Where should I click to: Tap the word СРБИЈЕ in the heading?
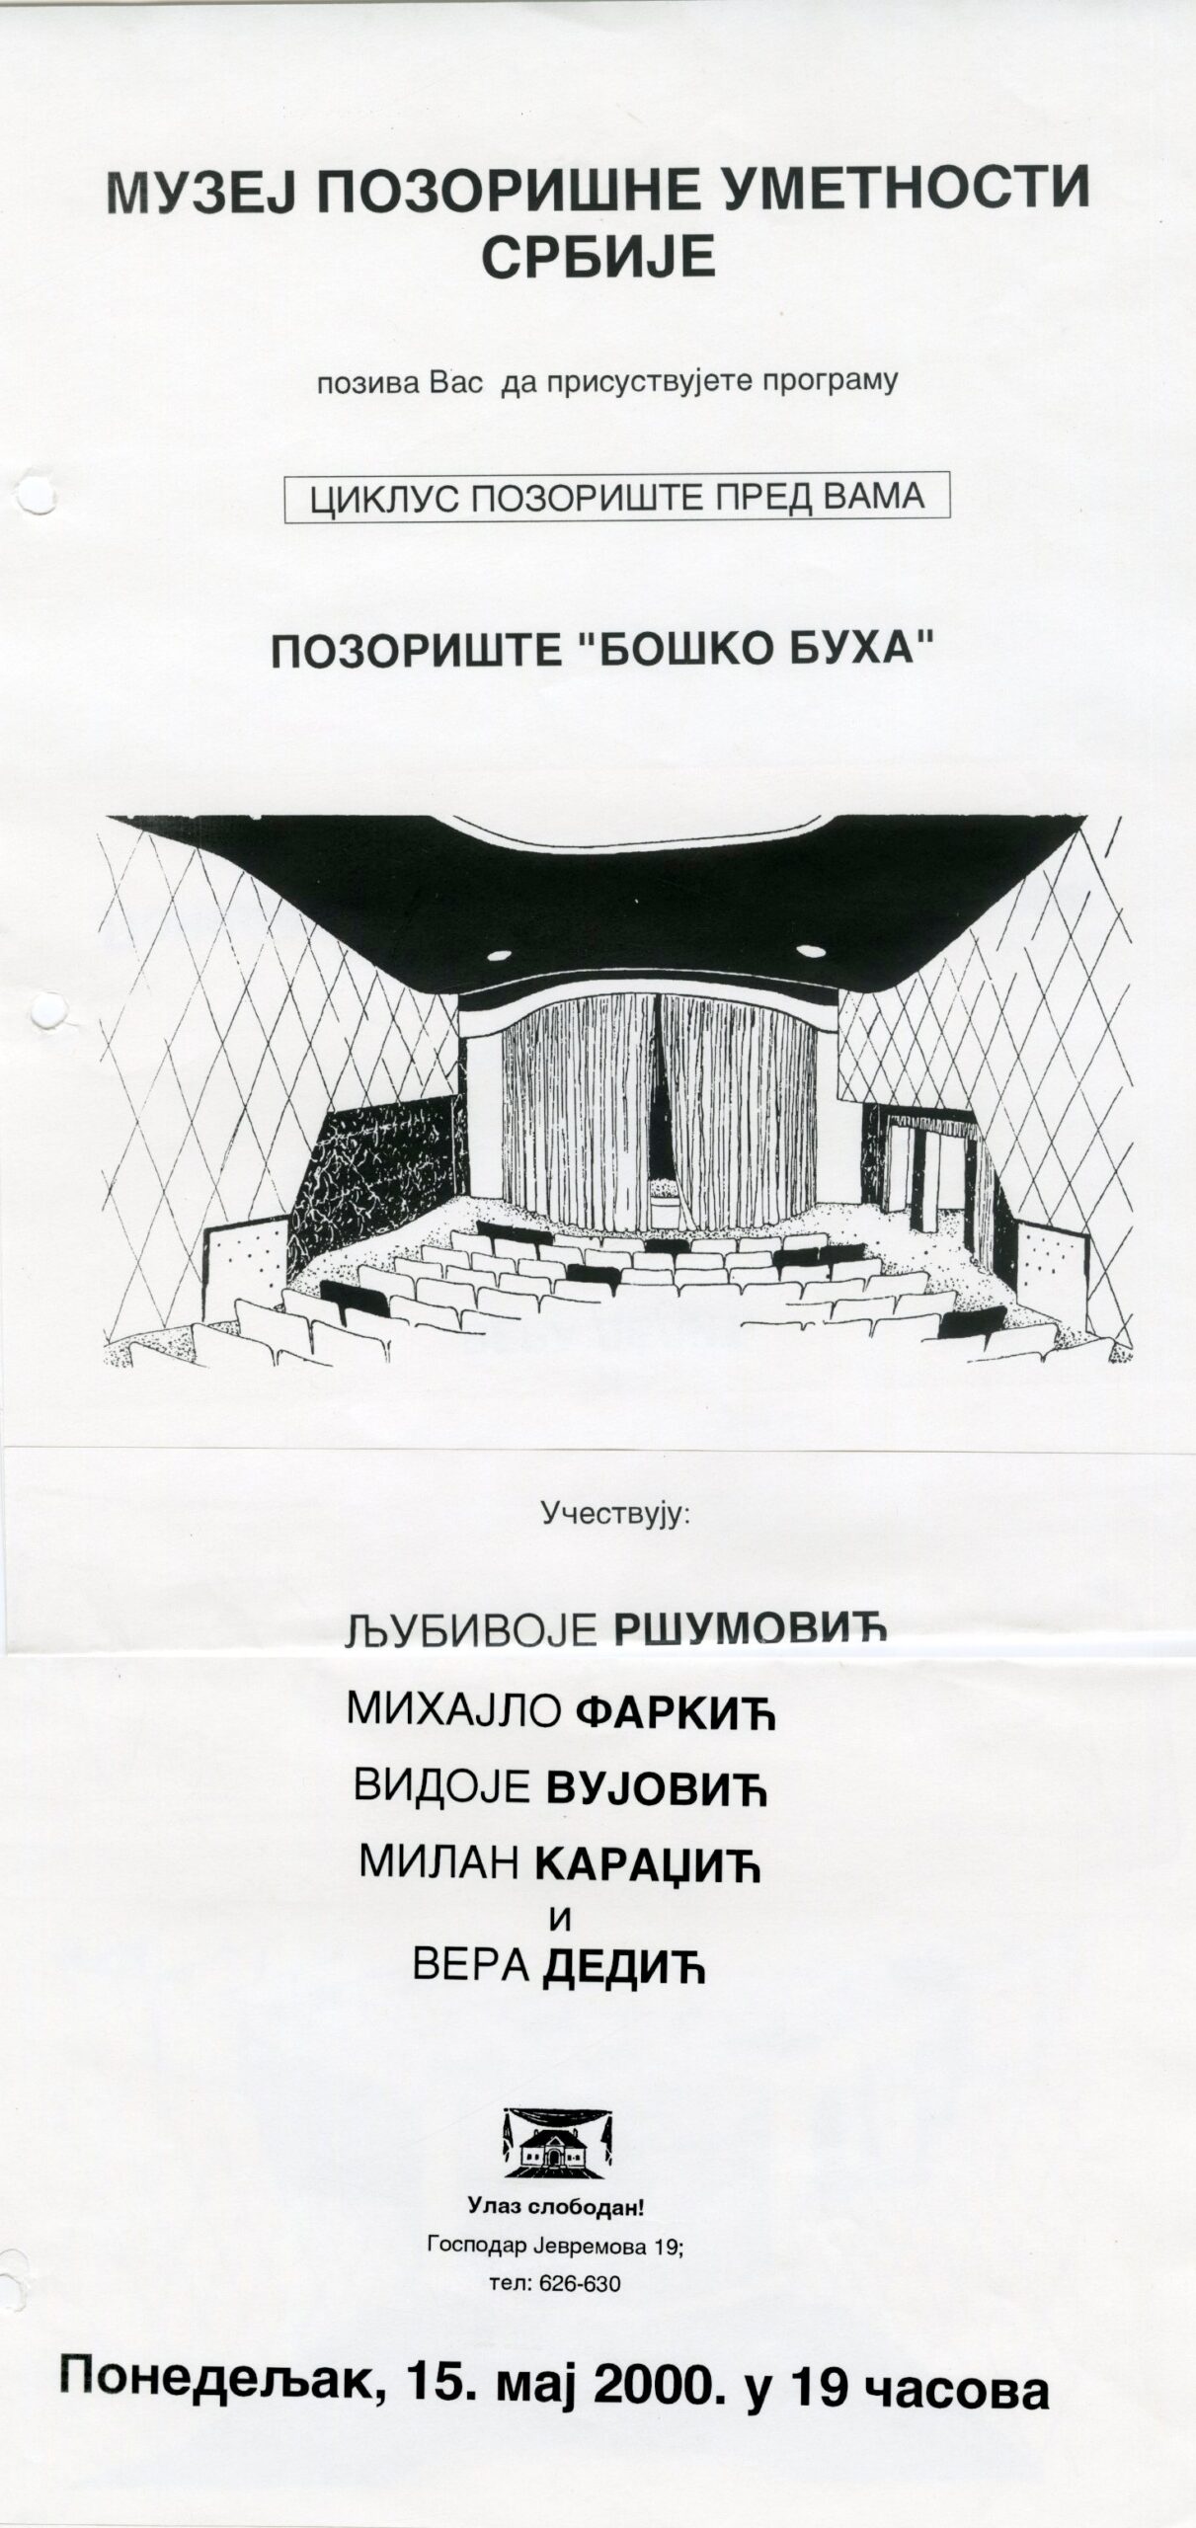point(598,258)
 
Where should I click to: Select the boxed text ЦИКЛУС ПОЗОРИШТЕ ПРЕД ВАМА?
point(617,497)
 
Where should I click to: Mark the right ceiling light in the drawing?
point(810,950)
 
